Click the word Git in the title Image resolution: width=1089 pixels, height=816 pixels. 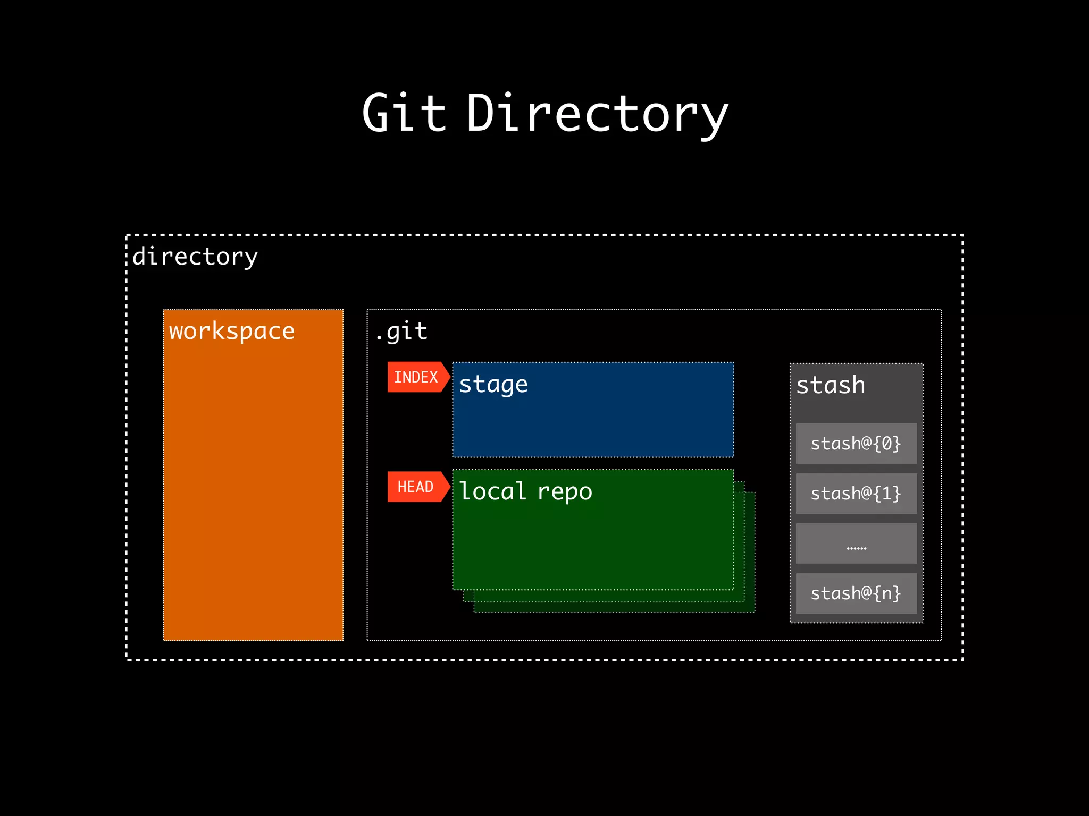coord(404,113)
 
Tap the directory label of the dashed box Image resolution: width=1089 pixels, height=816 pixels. coord(195,257)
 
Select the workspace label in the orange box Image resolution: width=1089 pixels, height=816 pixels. coord(232,331)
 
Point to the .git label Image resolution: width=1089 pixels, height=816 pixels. coord(401,331)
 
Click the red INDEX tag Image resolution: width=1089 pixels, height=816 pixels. coord(416,377)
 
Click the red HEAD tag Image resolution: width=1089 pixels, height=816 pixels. coord(415,487)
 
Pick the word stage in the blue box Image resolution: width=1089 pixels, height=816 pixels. coord(493,385)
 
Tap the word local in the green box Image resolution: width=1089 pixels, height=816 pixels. coord(492,491)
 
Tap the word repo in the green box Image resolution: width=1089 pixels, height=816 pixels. coord(564,492)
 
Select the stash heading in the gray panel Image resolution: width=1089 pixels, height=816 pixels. coord(831,385)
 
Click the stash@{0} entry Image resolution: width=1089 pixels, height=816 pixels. coord(856,444)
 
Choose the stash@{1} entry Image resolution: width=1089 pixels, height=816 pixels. coord(856,494)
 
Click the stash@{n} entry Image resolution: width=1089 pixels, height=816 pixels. coord(856,593)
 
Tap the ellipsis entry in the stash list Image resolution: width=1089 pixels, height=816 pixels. coord(856,544)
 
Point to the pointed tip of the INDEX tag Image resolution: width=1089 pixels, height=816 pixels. coord(449,377)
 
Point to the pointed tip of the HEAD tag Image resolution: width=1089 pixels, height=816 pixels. coord(449,487)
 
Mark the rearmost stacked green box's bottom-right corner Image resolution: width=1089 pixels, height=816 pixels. coord(755,612)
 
